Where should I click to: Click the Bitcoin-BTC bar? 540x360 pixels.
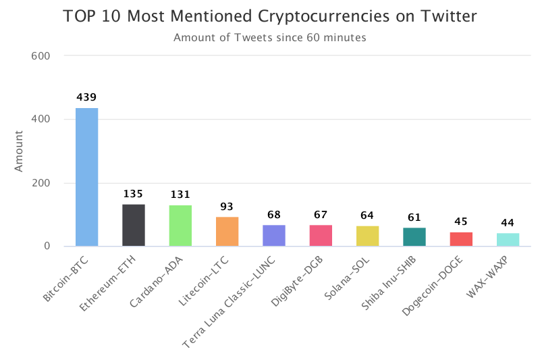coord(86,177)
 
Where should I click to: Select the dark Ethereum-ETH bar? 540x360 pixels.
coord(133,225)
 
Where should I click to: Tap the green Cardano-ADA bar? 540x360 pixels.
coord(180,226)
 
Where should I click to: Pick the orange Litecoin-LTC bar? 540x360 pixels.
coord(227,232)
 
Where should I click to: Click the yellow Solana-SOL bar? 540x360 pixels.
coord(368,236)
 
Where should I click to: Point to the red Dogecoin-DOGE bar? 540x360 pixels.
coord(461,239)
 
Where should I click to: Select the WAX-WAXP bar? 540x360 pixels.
coord(508,240)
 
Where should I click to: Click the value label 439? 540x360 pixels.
coord(86,98)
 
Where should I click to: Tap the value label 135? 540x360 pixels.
coord(133,195)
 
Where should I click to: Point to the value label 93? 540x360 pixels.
coord(227,207)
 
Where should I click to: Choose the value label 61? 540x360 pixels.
coord(414,217)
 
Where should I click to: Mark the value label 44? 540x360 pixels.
coord(508,223)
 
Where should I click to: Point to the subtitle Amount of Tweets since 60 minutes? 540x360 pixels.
coord(270,38)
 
